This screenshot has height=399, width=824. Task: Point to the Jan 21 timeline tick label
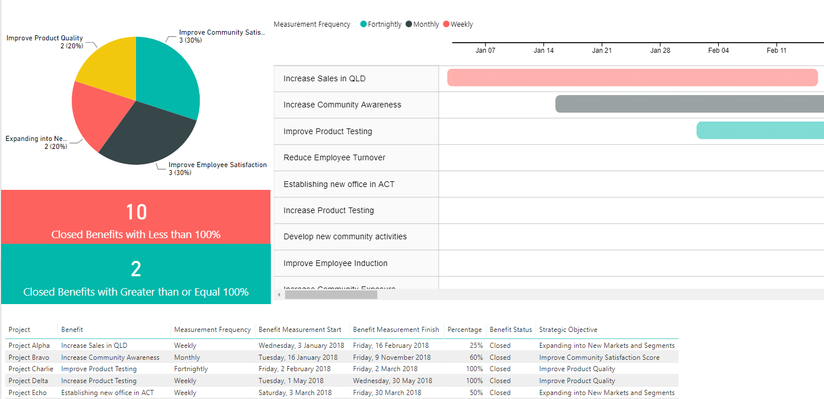(x=601, y=51)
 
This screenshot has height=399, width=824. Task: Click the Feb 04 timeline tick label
(x=718, y=51)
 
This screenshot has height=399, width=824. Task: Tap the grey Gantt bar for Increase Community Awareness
(x=689, y=104)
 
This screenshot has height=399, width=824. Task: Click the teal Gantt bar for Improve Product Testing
(x=760, y=130)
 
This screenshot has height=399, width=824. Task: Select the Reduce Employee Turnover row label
(x=334, y=157)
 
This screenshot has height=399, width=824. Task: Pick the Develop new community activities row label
(x=345, y=236)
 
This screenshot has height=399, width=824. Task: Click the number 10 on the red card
(x=136, y=212)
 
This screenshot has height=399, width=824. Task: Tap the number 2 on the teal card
(x=136, y=269)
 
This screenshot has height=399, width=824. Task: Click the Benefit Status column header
(x=510, y=330)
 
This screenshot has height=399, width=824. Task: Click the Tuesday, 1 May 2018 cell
(x=291, y=381)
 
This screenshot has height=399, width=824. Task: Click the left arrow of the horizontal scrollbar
(x=279, y=295)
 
